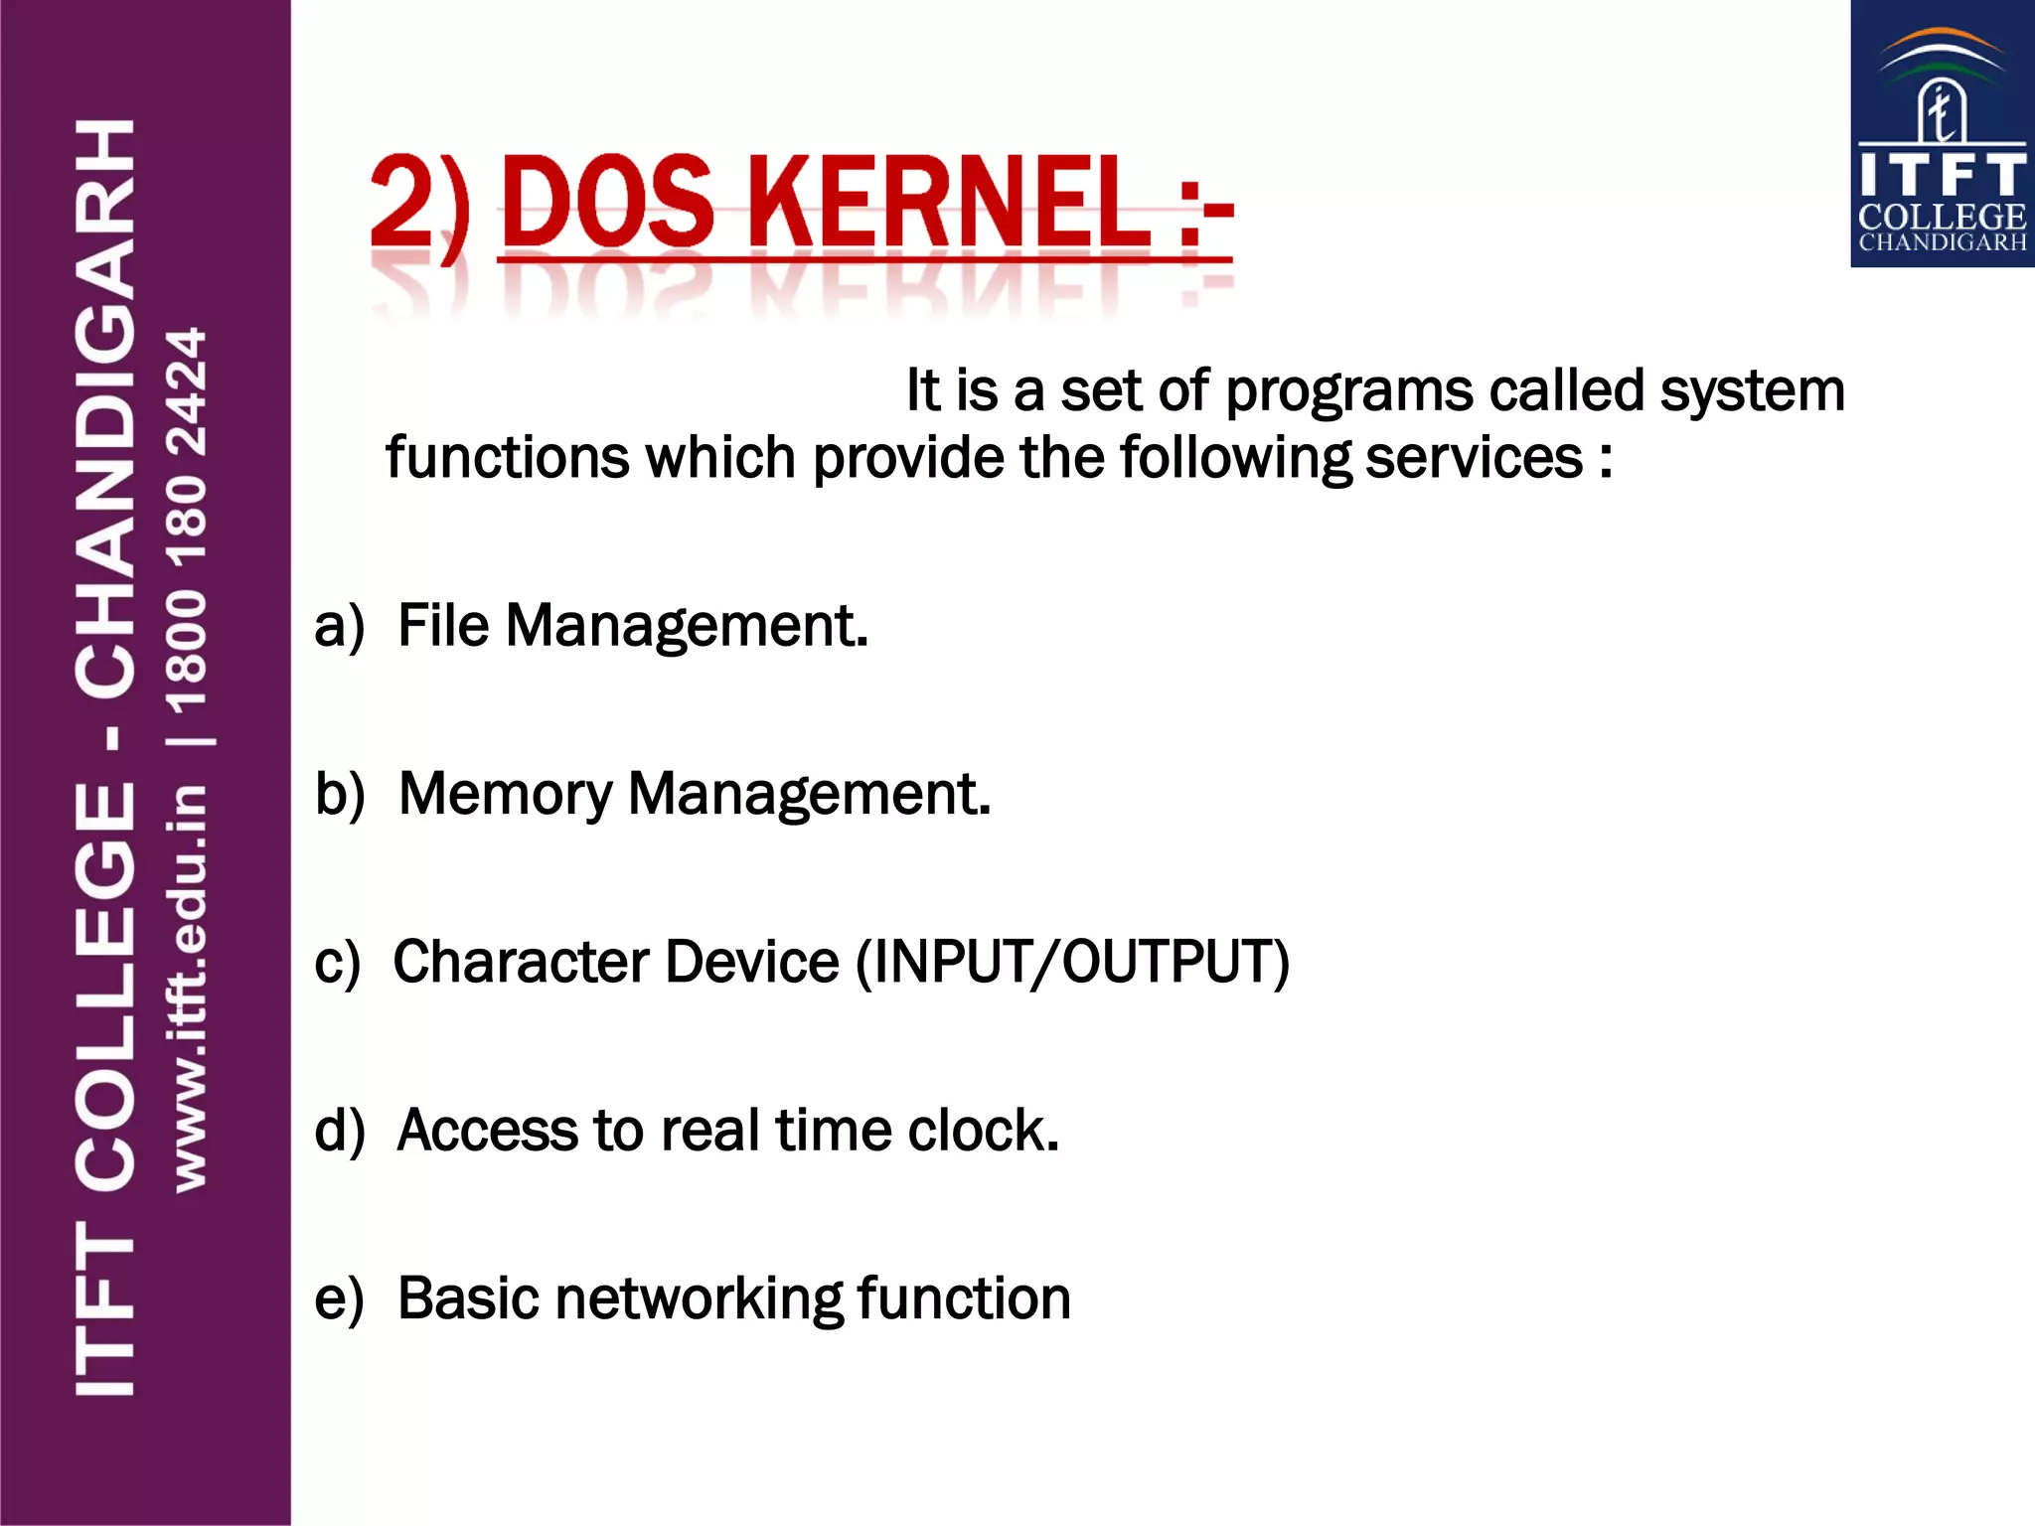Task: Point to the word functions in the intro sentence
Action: pos(507,457)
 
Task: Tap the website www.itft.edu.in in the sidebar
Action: pos(189,988)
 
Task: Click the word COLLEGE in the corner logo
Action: pos(1942,217)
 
